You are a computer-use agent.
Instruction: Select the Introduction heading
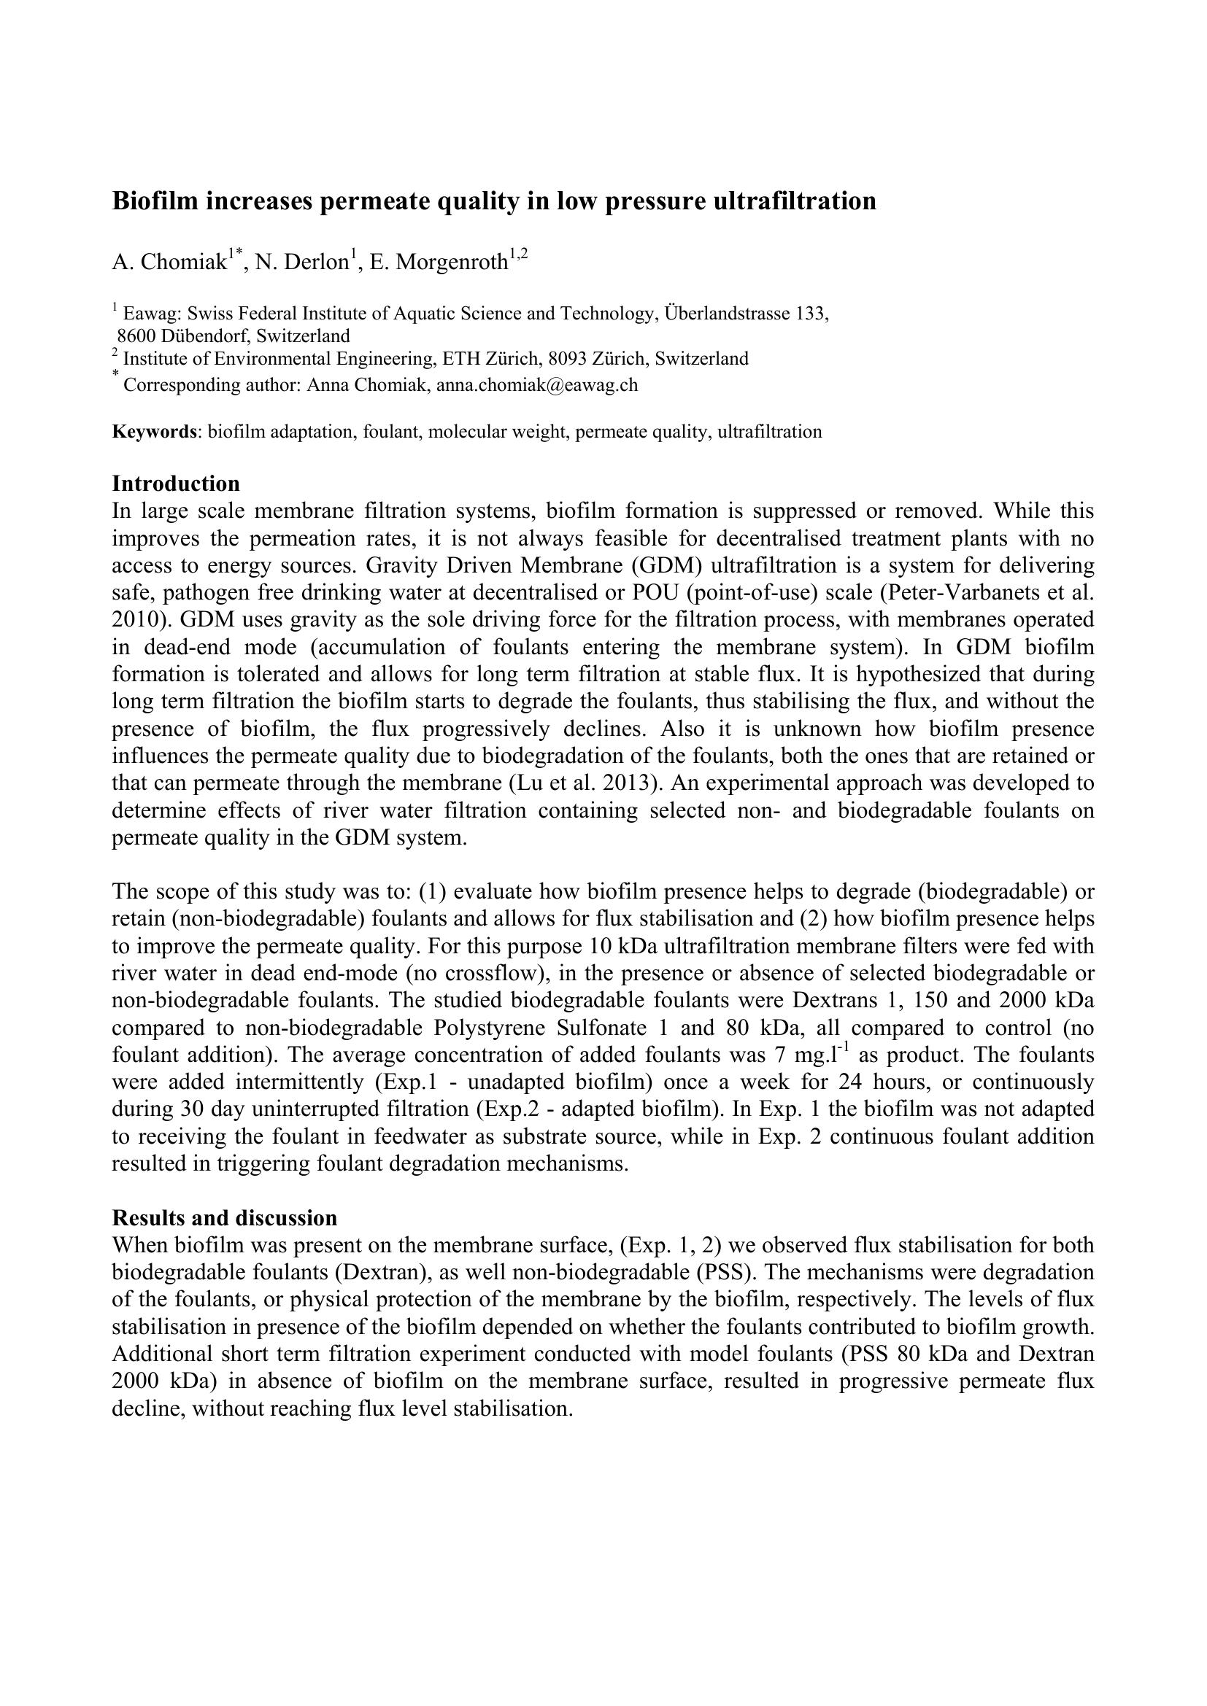pyautogui.click(x=176, y=484)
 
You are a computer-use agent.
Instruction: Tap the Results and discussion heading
pyautogui.click(x=225, y=1218)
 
